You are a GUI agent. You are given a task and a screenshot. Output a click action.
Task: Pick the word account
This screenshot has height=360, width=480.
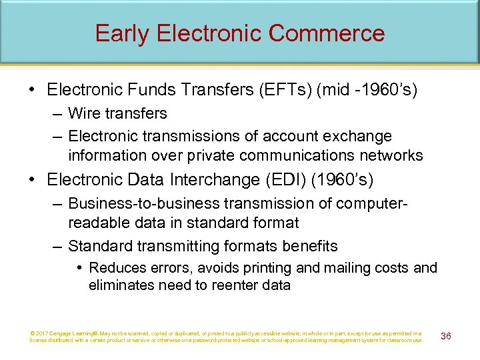point(289,136)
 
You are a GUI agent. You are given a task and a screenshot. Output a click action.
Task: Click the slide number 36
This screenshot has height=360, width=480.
point(446,336)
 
